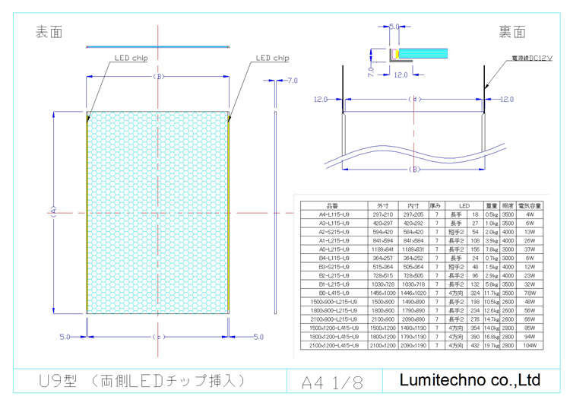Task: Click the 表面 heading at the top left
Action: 49,32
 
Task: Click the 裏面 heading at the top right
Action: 513,32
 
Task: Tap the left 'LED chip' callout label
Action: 131,58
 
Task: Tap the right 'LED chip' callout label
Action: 272,58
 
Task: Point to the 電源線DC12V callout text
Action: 531,57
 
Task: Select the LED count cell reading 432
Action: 475,346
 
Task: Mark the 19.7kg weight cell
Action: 491,346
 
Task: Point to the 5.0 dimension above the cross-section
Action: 394,27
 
